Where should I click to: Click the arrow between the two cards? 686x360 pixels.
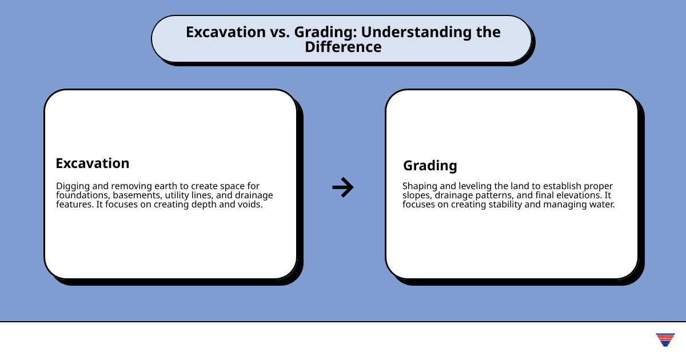pyautogui.click(x=343, y=187)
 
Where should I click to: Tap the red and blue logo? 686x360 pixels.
pyautogui.click(x=665, y=339)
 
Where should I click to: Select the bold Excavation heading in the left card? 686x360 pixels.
pyautogui.click(x=93, y=163)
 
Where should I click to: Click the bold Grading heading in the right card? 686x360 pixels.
pyautogui.click(x=430, y=166)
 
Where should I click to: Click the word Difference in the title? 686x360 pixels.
pyautogui.click(x=343, y=47)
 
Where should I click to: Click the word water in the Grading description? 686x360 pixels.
pyautogui.click(x=601, y=205)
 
